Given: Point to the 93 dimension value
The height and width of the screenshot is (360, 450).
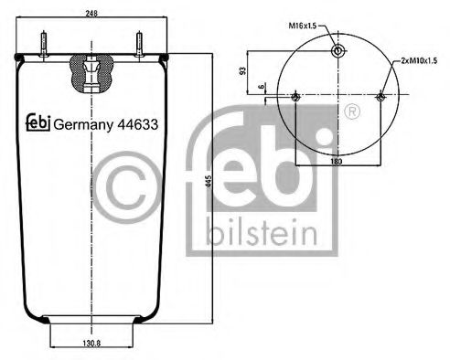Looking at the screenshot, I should [242, 69].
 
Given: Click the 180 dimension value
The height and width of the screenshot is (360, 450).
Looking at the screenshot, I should [337, 162].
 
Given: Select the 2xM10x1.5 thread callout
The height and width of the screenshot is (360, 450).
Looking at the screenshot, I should [420, 59].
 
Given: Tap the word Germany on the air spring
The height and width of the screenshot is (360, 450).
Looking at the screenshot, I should [79, 126].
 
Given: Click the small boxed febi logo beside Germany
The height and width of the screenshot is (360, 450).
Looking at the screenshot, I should [37, 124].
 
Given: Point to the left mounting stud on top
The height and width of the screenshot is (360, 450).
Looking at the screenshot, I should [42, 46].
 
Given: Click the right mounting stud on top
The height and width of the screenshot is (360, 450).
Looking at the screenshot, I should [138, 46].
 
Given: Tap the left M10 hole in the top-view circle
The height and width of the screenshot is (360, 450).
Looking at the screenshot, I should [295, 97].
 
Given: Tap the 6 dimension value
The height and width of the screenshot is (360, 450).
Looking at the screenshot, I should [262, 87].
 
